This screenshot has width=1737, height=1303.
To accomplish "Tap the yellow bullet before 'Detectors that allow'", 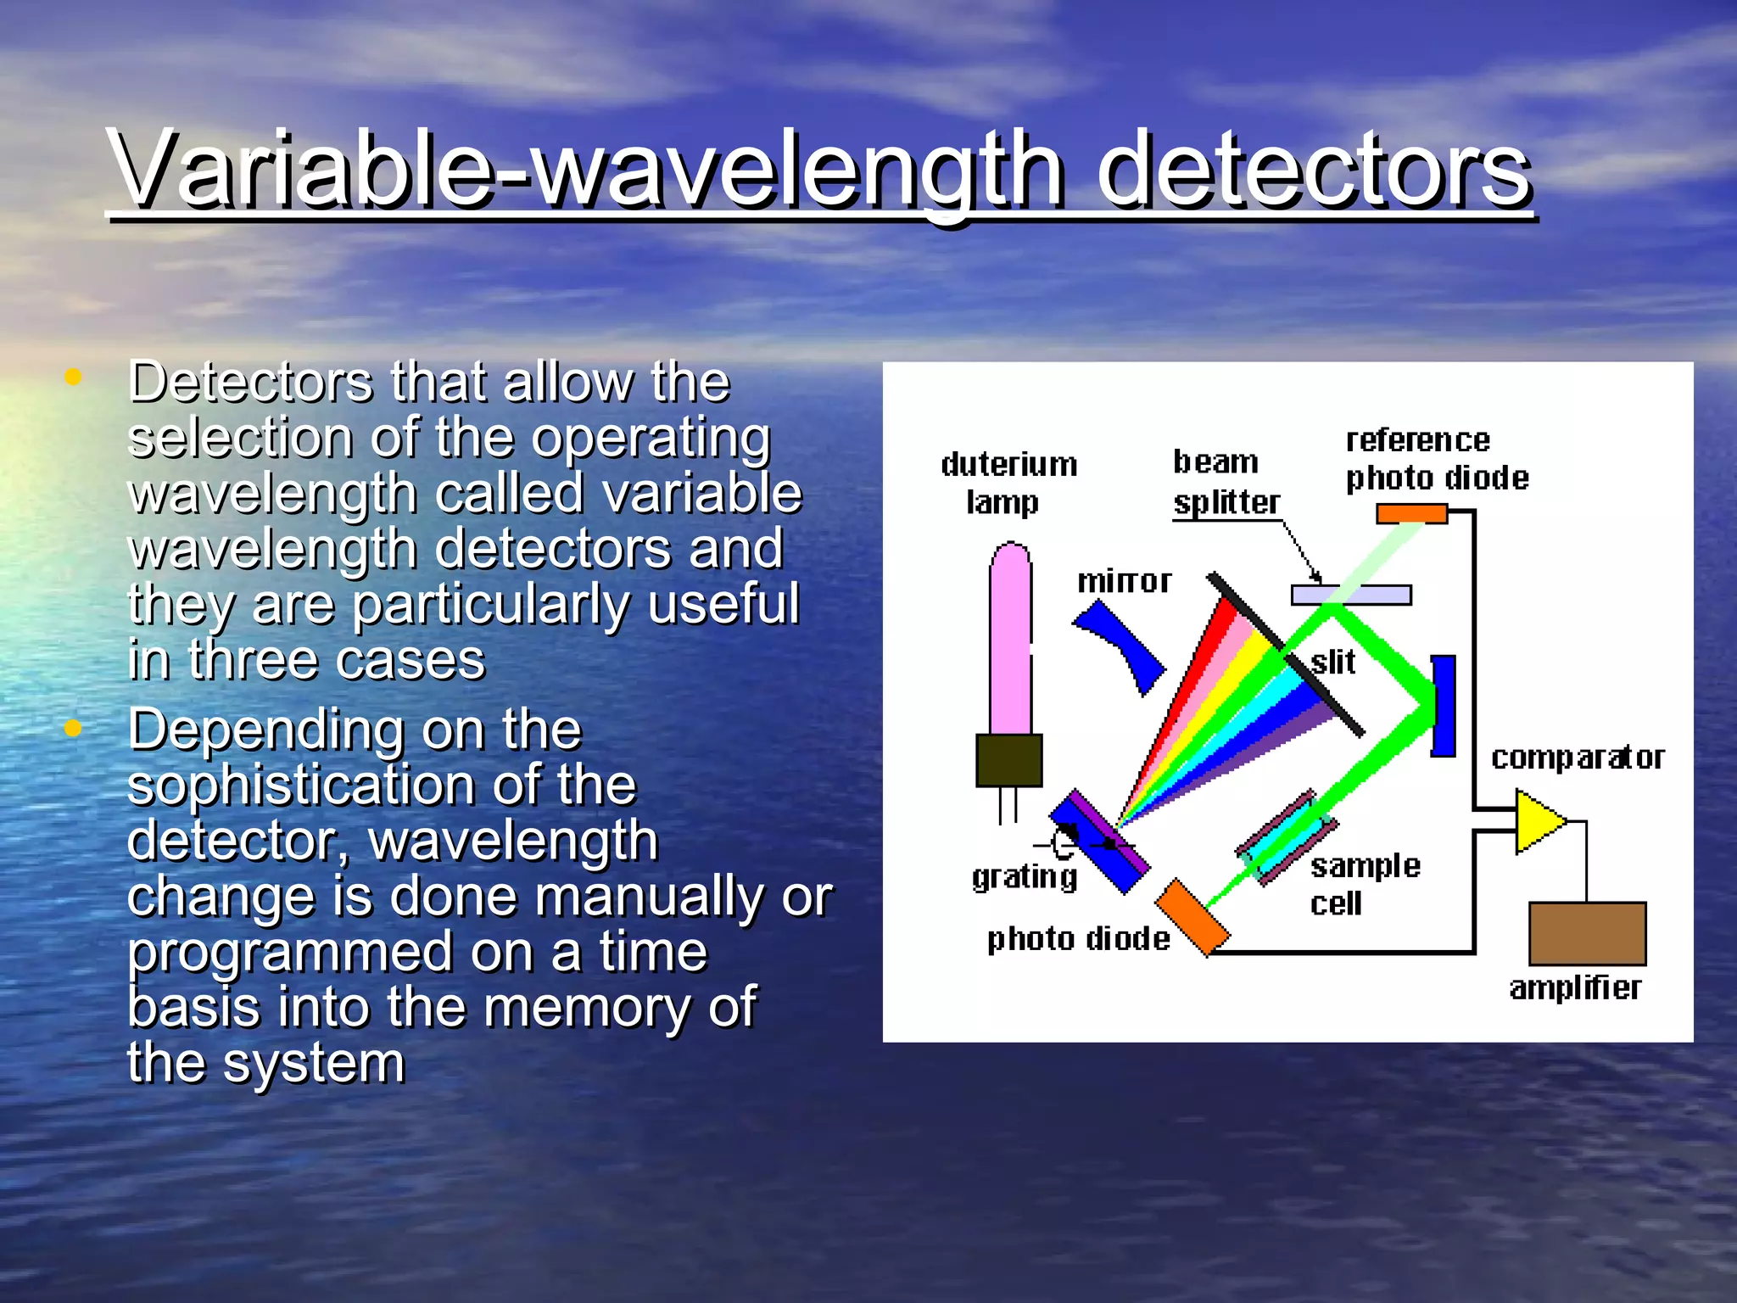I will pyautogui.click(x=73, y=377).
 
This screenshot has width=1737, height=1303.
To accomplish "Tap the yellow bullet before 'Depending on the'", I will pyautogui.click(x=73, y=728).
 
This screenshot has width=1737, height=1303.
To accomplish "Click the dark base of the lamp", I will pyautogui.click(x=1008, y=760).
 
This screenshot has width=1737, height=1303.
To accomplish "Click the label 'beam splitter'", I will pyautogui.click(x=1225, y=482).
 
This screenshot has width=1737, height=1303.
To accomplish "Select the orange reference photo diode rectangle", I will pyautogui.click(x=1411, y=513).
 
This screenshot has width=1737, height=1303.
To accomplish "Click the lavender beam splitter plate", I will pyautogui.click(x=1350, y=595).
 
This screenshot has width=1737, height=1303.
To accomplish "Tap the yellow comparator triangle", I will pyautogui.click(x=1537, y=820).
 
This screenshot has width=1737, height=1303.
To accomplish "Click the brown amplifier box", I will pyautogui.click(x=1587, y=933).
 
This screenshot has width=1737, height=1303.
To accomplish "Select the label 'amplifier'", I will pyautogui.click(x=1575, y=988).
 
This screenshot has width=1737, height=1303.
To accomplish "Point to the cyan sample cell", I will pyautogui.click(x=1286, y=837).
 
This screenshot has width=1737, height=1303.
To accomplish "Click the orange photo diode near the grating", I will pyautogui.click(x=1192, y=918).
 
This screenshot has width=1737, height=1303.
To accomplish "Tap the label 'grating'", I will pyautogui.click(x=1024, y=876).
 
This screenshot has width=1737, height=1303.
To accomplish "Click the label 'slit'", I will pyautogui.click(x=1333, y=662).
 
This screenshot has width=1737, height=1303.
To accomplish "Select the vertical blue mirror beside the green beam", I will pyautogui.click(x=1443, y=705).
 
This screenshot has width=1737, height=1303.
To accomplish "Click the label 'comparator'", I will pyautogui.click(x=1578, y=757).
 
